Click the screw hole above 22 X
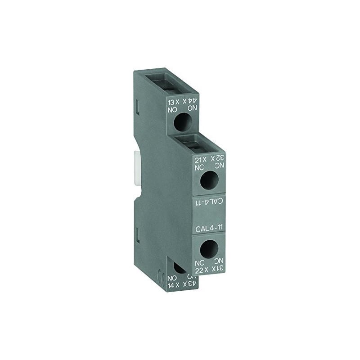(x=209, y=248)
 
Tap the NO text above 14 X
(x=171, y=278)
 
